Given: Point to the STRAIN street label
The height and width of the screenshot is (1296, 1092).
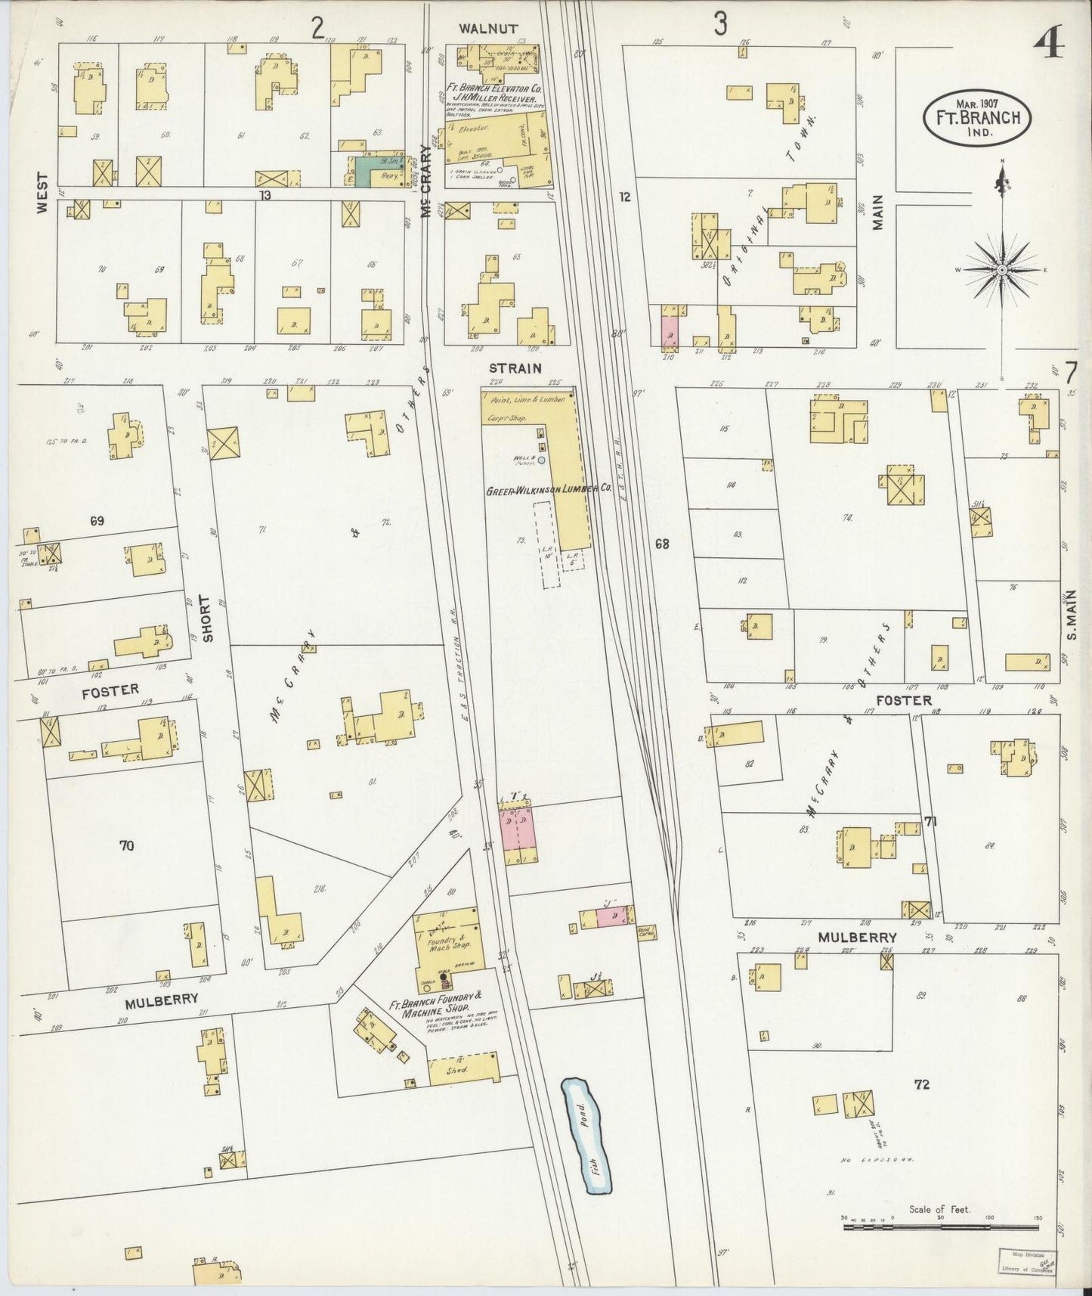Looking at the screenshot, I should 520,368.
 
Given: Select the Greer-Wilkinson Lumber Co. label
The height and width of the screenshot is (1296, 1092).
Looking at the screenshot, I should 548,490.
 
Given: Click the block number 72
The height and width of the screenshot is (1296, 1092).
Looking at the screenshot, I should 921,1084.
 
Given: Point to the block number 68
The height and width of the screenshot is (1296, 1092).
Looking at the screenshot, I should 662,544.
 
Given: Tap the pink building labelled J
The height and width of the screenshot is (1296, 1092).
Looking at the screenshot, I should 610,917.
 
